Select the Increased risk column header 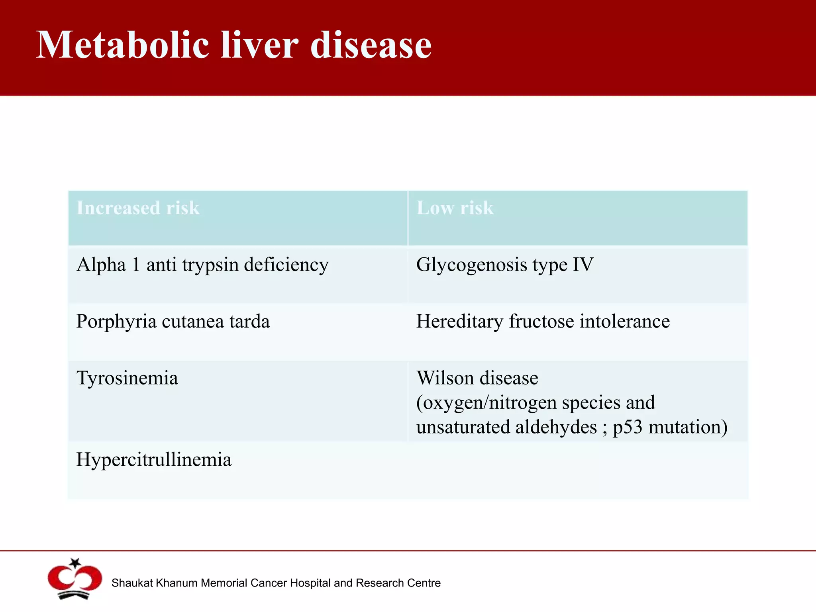click(138, 208)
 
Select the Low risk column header click(455, 208)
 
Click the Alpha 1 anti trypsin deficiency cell click(202, 265)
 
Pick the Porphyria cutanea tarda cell click(173, 322)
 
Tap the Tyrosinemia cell click(127, 378)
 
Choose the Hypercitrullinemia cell click(154, 460)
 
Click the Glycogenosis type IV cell click(504, 265)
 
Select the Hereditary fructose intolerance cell click(543, 322)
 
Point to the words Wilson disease click(477, 378)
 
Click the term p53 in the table click(628, 428)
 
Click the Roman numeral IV click(583, 265)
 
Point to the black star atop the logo click(75, 563)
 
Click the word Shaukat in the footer click(132, 583)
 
